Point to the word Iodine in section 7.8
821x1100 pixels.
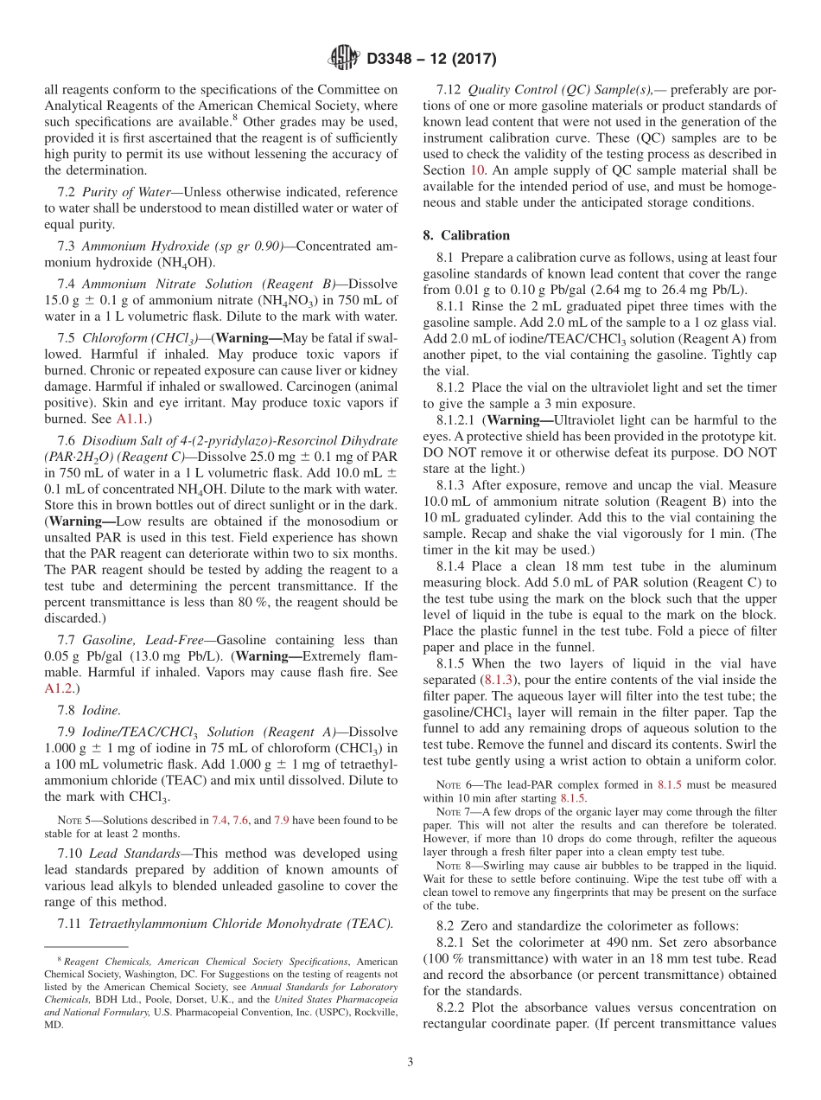101,710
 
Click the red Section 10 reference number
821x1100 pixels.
477,170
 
